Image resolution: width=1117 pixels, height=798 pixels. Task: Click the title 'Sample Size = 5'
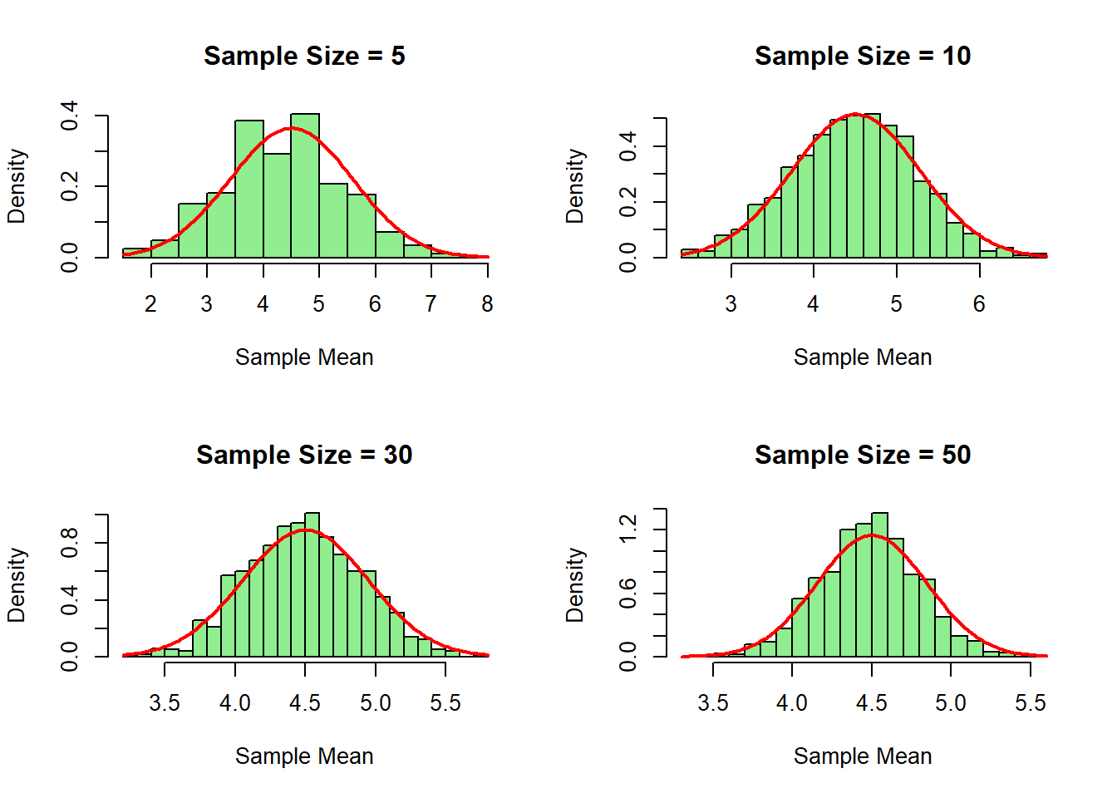pyautogui.click(x=304, y=56)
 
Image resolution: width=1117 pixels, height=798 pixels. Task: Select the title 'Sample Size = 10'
pyautogui.click(x=863, y=56)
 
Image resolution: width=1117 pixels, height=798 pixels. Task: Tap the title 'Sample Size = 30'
pyautogui.click(x=304, y=455)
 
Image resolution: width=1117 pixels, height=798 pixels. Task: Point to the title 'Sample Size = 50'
pyautogui.click(x=863, y=455)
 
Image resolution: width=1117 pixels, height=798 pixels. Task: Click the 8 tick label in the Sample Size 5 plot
pyautogui.click(x=487, y=304)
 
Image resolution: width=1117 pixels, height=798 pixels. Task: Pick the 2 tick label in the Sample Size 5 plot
pyautogui.click(x=150, y=304)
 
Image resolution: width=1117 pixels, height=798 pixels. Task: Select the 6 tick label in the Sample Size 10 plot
pyautogui.click(x=979, y=304)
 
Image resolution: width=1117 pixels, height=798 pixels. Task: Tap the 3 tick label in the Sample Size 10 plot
pyautogui.click(x=731, y=304)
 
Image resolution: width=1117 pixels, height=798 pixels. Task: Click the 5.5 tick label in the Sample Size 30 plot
pyautogui.click(x=445, y=703)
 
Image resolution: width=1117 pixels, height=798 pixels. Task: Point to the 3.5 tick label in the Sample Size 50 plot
pyautogui.click(x=713, y=703)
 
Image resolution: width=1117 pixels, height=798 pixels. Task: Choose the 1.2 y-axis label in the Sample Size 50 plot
pyautogui.click(x=628, y=529)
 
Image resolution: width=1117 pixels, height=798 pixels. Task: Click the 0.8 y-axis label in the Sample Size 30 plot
pyautogui.click(x=70, y=543)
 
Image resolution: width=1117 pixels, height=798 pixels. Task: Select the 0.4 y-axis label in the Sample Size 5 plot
pyautogui.click(x=70, y=116)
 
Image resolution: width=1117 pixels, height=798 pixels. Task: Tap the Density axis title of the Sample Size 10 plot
pyautogui.click(x=575, y=186)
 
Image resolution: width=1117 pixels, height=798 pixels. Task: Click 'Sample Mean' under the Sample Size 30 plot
pyautogui.click(x=304, y=756)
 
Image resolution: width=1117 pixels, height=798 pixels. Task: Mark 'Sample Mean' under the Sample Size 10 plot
pyautogui.click(x=863, y=357)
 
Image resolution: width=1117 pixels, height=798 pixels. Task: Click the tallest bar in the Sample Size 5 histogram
pyautogui.click(x=305, y=187)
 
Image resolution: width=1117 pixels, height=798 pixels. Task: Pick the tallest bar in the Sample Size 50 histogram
pyautogui.click(x=879, y=586)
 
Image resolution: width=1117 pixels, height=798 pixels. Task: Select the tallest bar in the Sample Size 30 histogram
pyautogui.click(x=312, y=586)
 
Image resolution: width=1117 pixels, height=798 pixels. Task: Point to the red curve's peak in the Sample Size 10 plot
pyautogui.click(x=856, y=114)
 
